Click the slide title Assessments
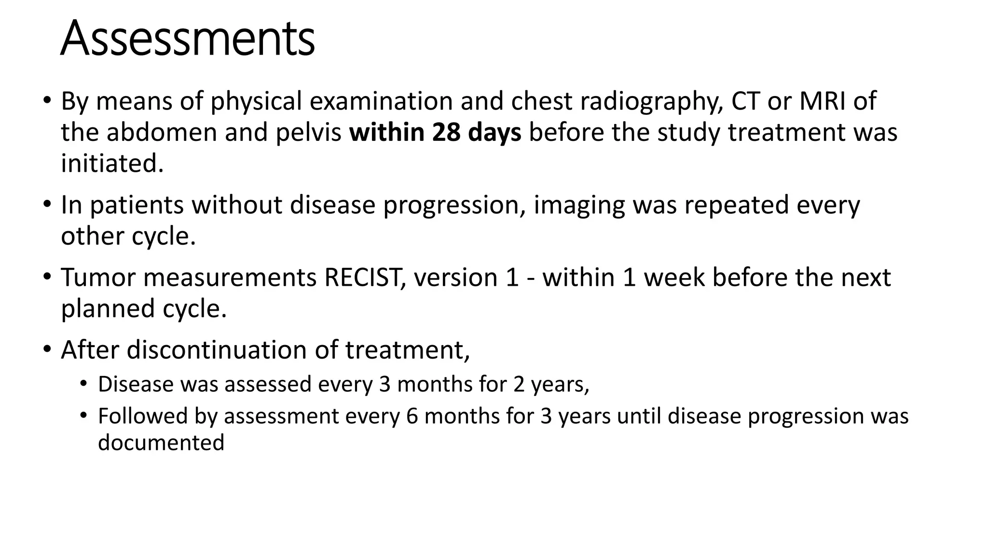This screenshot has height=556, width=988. [187, 39]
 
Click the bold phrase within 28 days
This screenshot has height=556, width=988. [435, 132]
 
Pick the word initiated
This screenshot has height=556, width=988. [112, 163]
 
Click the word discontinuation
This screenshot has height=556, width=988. [217, 349]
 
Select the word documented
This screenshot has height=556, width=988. [161, 443]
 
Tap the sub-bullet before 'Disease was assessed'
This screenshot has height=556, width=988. [84, 384]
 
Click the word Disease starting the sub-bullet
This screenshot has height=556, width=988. [136, 384]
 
